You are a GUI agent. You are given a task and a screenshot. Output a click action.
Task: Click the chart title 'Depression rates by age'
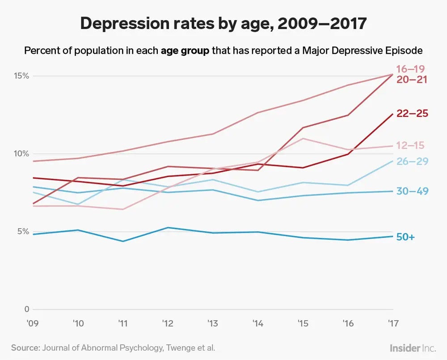(x=223, y=24)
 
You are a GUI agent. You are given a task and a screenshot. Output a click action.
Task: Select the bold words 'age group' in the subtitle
(x=185, y=50)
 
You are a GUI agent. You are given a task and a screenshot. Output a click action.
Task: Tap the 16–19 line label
(x=410, y=69)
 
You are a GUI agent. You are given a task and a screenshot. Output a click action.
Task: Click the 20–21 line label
(x=411, y=80)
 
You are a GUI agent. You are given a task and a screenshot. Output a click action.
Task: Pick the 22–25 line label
(x=412, y=114)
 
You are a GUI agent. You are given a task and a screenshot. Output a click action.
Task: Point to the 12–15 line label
(x=410, y=145)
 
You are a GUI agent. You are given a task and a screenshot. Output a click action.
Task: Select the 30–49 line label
(x=412, y=191)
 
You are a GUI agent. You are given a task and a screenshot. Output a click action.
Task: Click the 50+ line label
(x=406, y=237)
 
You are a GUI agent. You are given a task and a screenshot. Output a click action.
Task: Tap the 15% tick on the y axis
(x=21, y=76)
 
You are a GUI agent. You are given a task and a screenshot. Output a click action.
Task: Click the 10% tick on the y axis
(x=21, y=154)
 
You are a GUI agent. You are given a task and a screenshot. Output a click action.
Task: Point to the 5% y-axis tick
(x=23, y=232)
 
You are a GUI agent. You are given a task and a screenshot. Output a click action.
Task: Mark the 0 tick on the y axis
(x=27, y=309)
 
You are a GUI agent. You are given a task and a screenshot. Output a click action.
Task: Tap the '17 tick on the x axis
(x=392, y=322)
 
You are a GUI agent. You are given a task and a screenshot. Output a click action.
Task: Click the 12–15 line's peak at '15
(x=303, y=139)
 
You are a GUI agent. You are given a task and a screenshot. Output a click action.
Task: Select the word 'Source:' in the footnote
(x=25, y=347)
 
